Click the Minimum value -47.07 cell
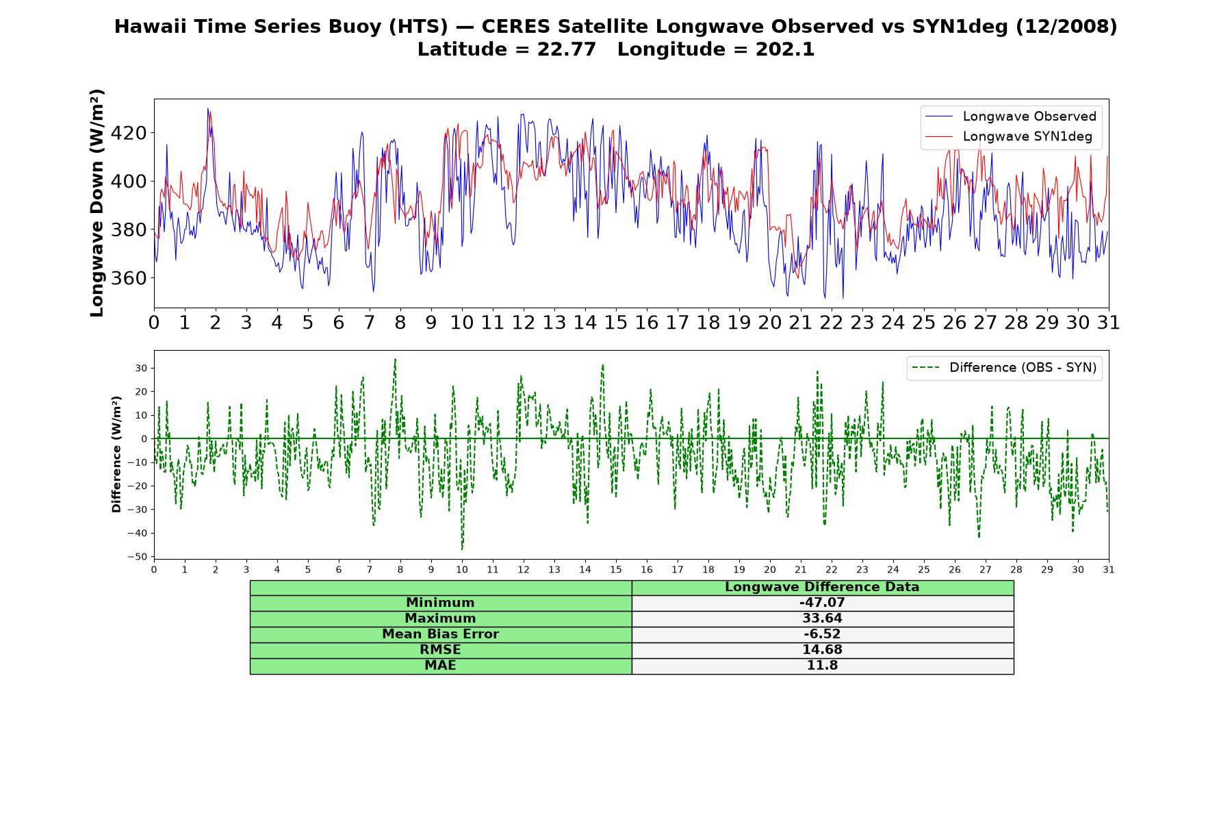pyautogui.click(x=822, y=603)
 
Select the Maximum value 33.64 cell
pyautogui.click(x=822, y=619)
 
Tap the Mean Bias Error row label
pyautogui.click(x=440, y=634)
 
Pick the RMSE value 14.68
pyautogui.click(x=822, y=650)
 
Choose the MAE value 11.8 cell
pyautogui.click(x=822, y=666)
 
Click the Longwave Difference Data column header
pyautogui.click(x=822, y=587)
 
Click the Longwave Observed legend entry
pyautogui.click(x=1010, y=116)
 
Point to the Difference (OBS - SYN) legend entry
pyautogui.click(x=1004, y=368)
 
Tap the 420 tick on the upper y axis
pyautogui.click(x=129, y=133)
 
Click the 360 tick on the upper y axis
pyautogui.click(x=129, y=278)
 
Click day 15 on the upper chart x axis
pyautogui.click(x=615, y=323)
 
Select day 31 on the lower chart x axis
pyautogui.click(x=1109, y=570)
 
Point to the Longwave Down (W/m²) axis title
pyautogui.click(x=97, y=203)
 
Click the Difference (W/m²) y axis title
pyautogui.click(x=116, y=454)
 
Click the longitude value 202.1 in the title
pyautogui.click(x=785, y=49)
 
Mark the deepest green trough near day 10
pyautogui.click(x=462, y=549)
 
